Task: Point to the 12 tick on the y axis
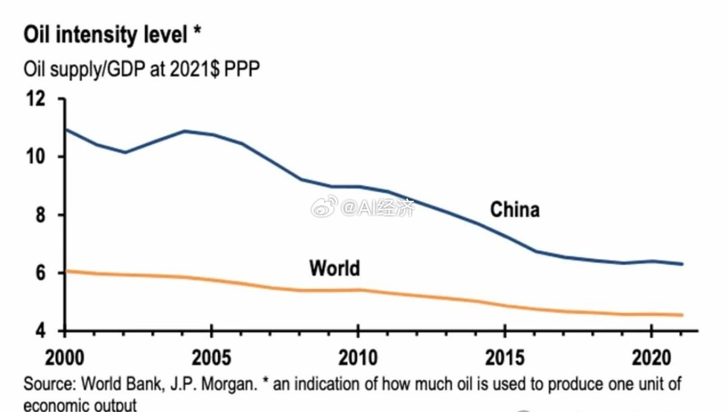tap(35, 99)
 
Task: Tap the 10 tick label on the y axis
tap(35, 157)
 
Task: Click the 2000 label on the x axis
tap(66, 358)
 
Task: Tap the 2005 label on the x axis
tap(212, 358)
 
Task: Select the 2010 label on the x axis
tap(358, 358)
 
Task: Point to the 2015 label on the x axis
tap(504, 358)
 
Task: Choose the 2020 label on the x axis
tap(650, 358)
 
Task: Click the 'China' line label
tap(515, 210)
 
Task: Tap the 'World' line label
tap(335, 268)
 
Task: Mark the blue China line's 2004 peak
tap(184, 131)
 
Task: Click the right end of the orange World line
tap(683, 315)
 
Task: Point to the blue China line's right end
tap(683, 264)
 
